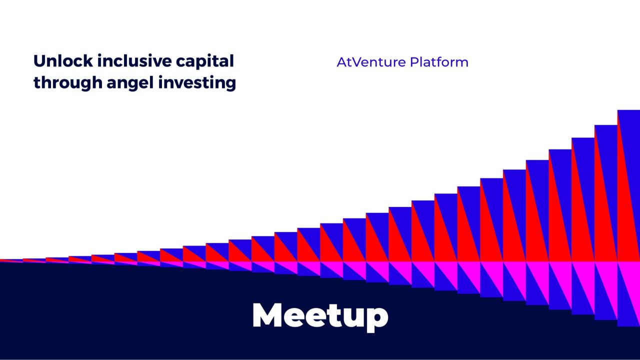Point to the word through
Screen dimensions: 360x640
[67, 83]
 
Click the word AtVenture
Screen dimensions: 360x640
[370, 62]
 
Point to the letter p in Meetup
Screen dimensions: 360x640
[375, 318]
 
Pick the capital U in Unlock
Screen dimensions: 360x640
[40, 61]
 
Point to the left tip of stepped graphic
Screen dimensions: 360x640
[2, 260]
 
